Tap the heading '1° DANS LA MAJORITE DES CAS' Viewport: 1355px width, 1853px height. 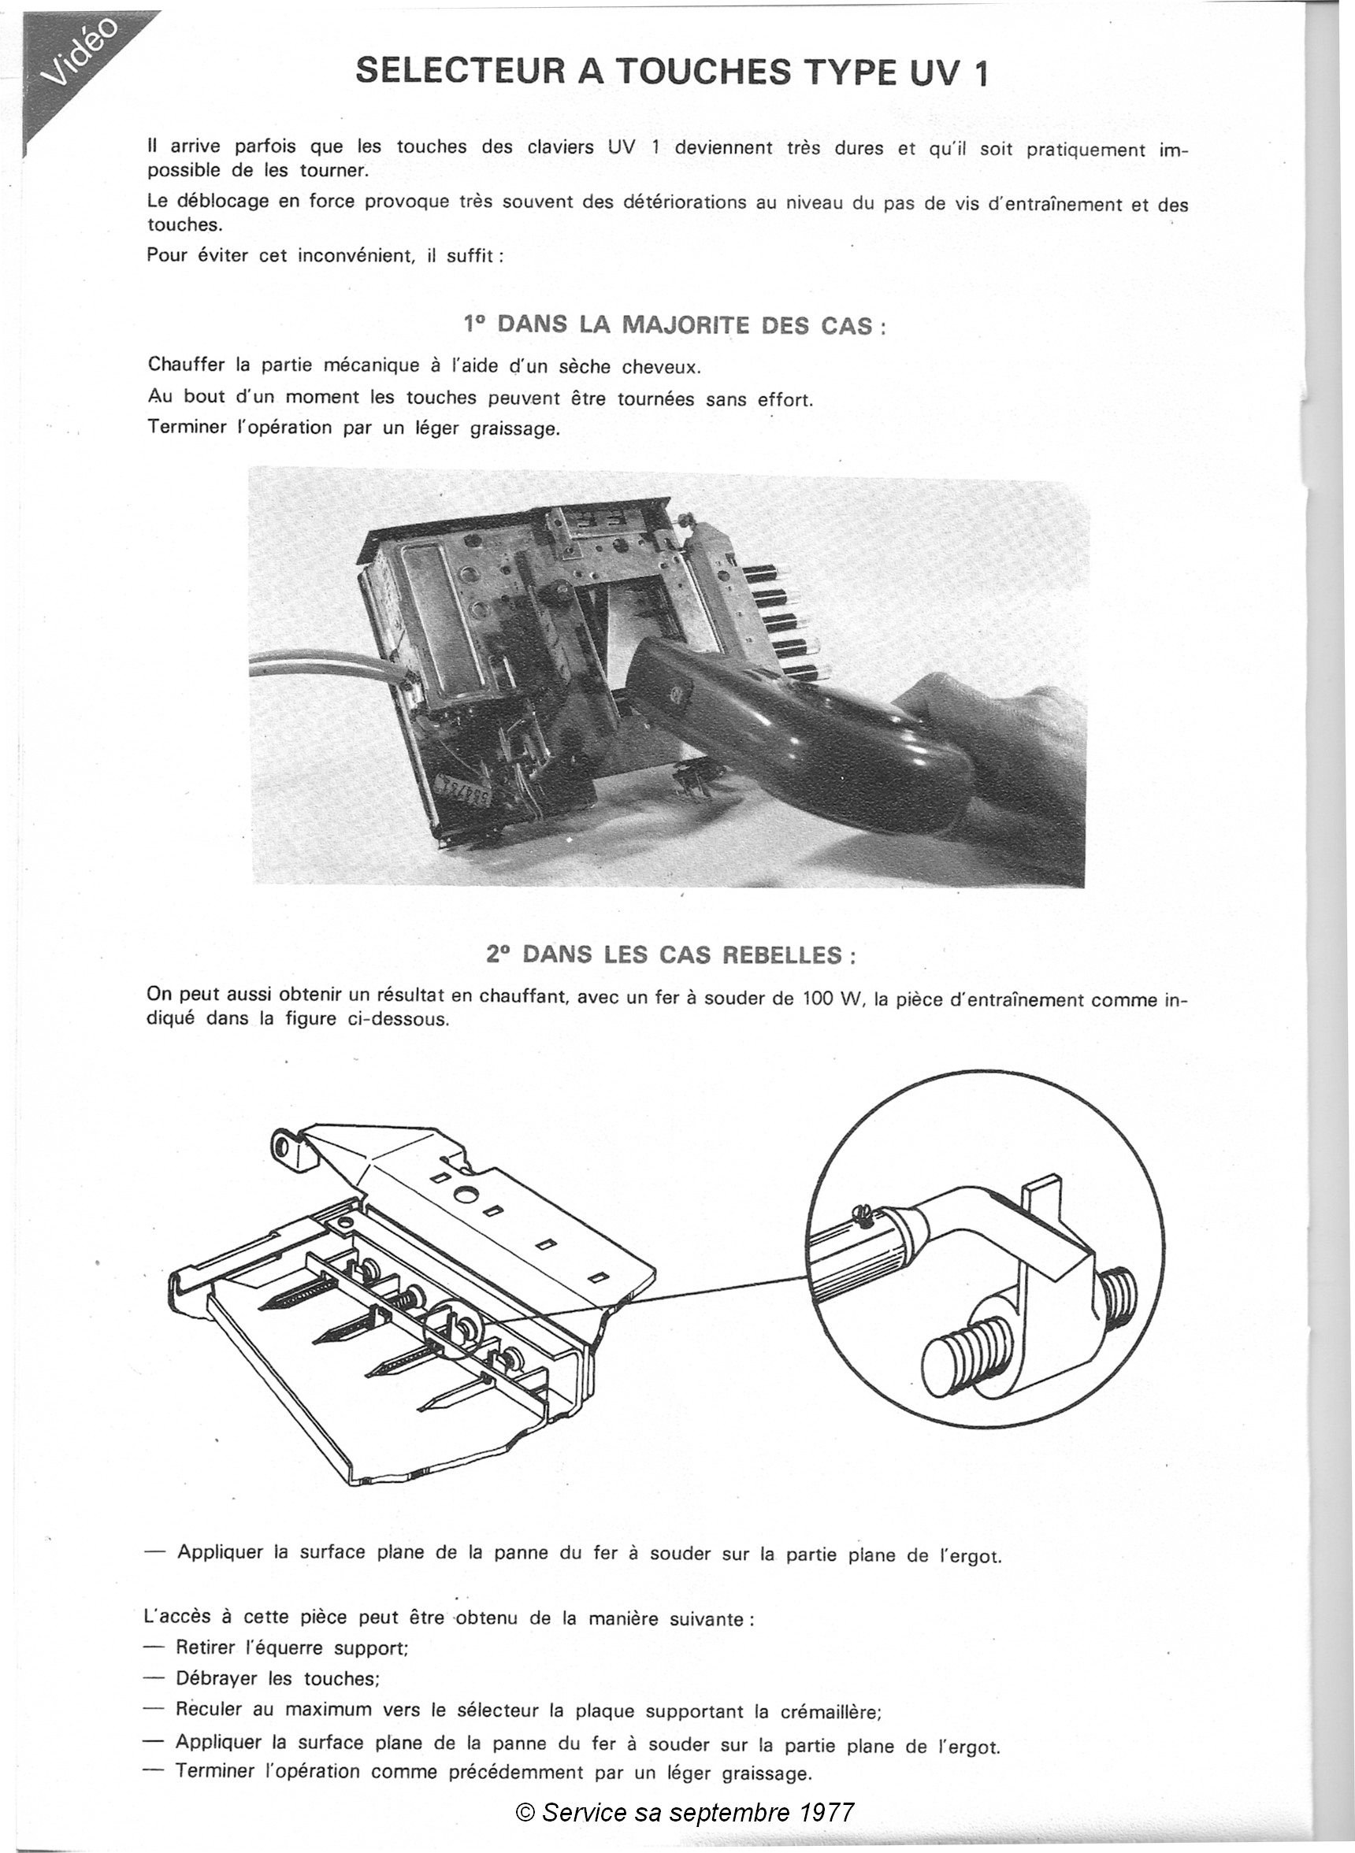tap(674, 324)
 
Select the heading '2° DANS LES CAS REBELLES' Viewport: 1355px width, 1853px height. tap(672, 954)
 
